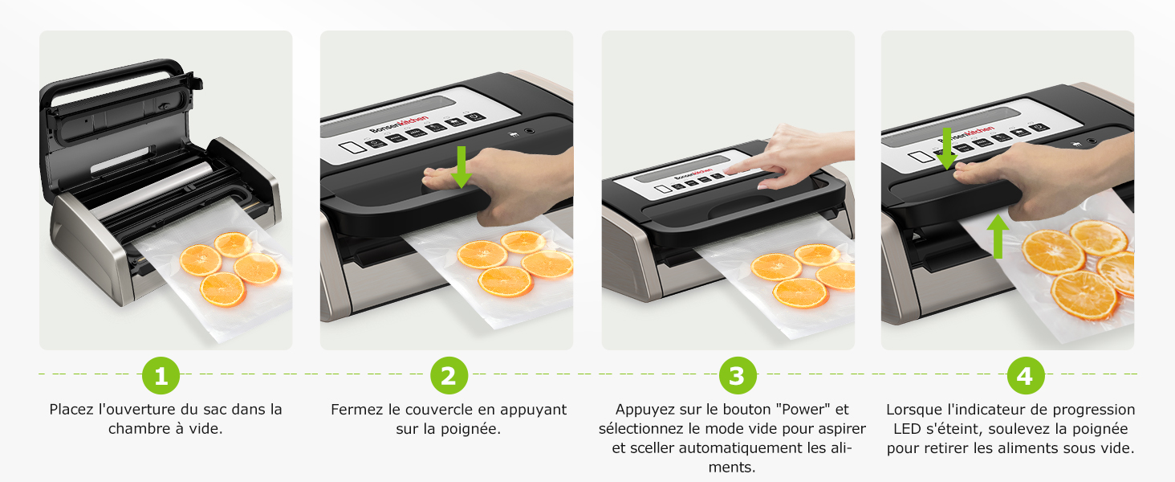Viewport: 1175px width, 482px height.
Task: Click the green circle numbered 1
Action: pyautogui.click(x=161, y=375)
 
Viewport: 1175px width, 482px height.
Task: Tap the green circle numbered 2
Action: pyautogui.click(x=449, y=375)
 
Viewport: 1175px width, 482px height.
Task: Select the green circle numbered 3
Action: pyautogui.click(x=738, y=375)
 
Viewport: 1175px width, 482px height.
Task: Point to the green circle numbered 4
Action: pyautogui.click(x=1025, y=375)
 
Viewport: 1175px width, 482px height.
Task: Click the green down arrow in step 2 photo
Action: pyautogui.click(x=461, y=165)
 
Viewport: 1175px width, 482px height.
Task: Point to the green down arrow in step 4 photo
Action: pyautogui.click(x=946, y=149)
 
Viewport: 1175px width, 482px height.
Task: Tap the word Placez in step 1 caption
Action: pyautogui.click(x=72, y=410)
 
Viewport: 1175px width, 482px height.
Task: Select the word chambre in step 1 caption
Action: pyautogui.click(x=138, y=429)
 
